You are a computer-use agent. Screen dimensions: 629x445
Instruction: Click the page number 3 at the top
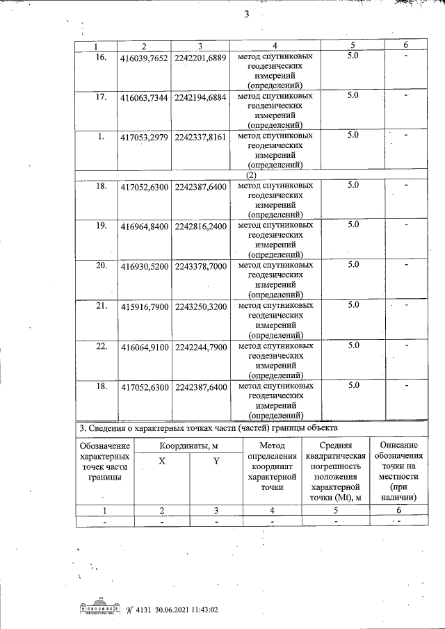(x=246, y=15)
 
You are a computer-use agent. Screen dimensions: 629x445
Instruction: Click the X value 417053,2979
(x=144, y=136)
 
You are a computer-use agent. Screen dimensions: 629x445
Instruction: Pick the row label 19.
(x=101, y=225)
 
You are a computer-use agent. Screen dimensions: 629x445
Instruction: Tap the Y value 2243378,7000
(x=201, y=266)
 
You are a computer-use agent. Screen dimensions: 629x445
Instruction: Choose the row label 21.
(x=101, y=305)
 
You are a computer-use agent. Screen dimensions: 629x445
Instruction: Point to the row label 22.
(x=101, y=345)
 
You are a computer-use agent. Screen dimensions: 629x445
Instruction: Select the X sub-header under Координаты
(x=161, y=471)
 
